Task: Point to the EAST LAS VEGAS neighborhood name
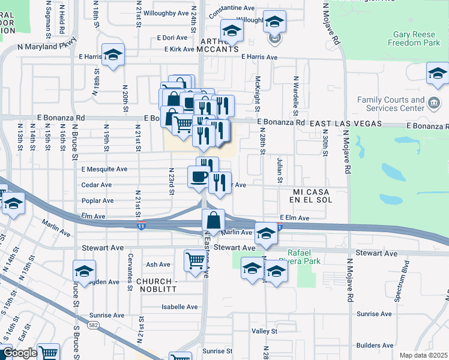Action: (345, 123)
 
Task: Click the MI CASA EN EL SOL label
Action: (305, 195)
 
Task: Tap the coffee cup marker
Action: (199, 176)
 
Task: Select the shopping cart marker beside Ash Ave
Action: (195, 262)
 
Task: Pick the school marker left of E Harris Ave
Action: (112, 55)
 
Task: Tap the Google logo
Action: (19, 353)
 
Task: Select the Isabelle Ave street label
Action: (179, 307)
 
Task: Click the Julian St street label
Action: (280, 170)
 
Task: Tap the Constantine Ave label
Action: (232, 8)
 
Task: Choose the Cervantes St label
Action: (130, 271)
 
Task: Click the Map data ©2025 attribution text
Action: (423, 355)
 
